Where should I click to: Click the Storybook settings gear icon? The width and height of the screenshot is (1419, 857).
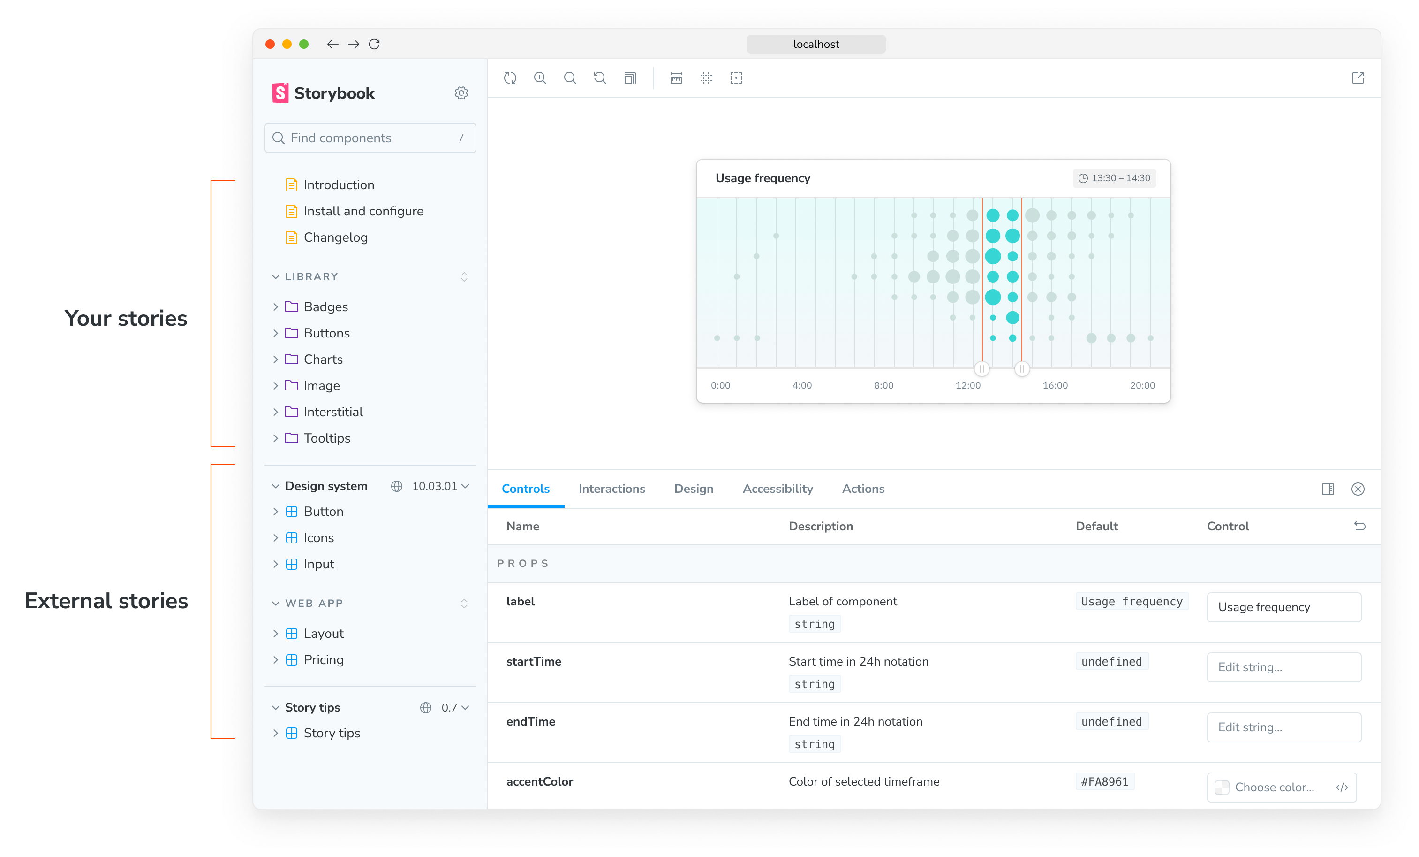(x=461, y=93)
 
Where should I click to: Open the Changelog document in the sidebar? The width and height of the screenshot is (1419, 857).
(x=335, y=237)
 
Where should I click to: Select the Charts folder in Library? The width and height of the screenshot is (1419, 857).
(x=323, y=360)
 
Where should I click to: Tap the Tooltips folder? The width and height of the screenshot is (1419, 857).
(x=326, y=438)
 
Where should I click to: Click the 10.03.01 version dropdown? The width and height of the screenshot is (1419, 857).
(x=440, y=486)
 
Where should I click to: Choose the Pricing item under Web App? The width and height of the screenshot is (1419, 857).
(x=323, y=660)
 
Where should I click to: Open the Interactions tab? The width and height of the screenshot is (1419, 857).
(x=611, y=489)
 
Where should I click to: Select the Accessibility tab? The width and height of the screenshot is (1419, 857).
(x=777, y=489)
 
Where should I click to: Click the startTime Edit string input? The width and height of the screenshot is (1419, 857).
(x=1283, y=667)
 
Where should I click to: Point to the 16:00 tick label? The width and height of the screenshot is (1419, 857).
(x=1055, y=386)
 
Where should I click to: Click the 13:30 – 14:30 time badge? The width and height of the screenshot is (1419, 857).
(x=1114, y=178)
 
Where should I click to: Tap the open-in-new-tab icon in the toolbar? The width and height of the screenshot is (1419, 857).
(x=1358, y=78)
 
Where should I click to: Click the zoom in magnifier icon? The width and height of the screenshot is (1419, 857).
(x=540, y=78)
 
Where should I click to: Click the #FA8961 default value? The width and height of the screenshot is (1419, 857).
(x=1104, y=782)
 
